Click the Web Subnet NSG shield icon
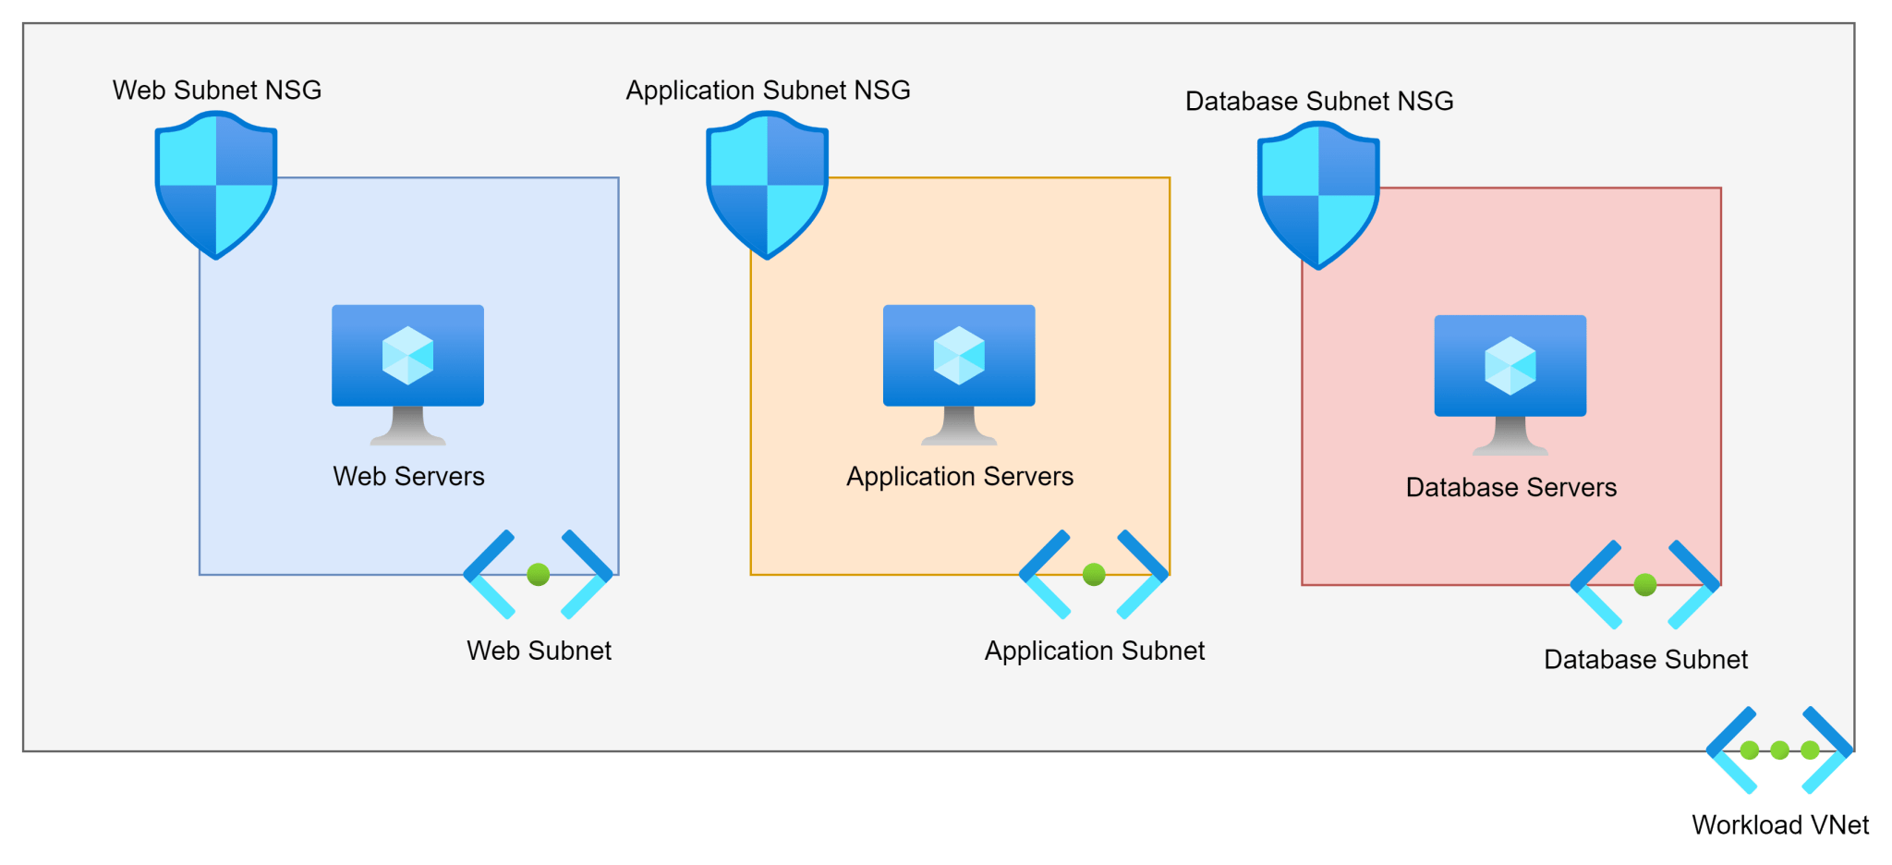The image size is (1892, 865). [x=216, y=185]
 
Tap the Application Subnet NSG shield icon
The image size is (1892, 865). [x=767, y=185]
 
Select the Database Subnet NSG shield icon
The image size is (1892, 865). [x=1318, y=195]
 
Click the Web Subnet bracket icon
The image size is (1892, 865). [x=539, y=574]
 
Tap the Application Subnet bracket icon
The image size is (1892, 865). [x=1094, y=574]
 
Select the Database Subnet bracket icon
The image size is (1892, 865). [x=1644, y=584]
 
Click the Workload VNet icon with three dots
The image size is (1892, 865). [x=1779, y=749]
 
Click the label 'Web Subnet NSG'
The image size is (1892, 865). [x=217, y=90]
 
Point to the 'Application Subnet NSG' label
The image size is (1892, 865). [x=768, y=90]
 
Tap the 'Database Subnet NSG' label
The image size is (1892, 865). [x=1319, y=101]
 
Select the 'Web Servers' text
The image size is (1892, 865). [x=408, y=476]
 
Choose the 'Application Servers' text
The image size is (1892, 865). [x=960, y=476]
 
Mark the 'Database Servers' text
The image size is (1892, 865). [x=1511, y=487]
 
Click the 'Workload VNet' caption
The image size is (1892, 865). [x=1780, y=824]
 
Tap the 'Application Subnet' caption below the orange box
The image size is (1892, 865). [x=1095, y=651]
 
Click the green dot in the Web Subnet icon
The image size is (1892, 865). [x=539, y=574]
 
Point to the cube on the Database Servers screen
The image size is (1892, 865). [x=1510, y=365]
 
